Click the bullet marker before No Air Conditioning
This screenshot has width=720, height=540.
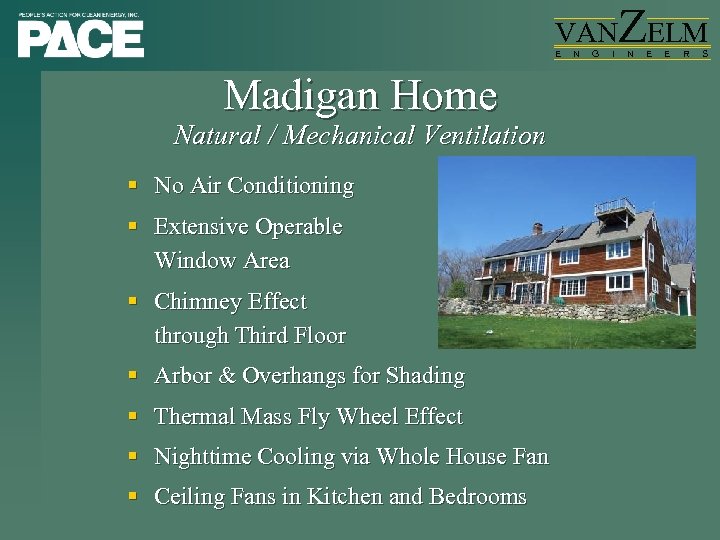click(x=132, y=186)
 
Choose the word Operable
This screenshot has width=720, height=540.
click(x=298, y=227)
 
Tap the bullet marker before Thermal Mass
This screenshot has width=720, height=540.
click(x=132, y=417)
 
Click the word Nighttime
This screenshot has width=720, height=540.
click(x=203, y=457)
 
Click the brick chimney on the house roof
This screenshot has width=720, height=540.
click(x=538, y=228)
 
